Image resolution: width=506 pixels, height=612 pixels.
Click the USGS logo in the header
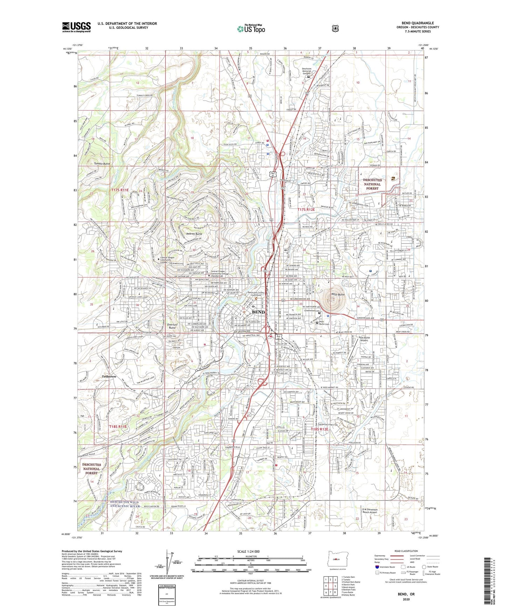76,27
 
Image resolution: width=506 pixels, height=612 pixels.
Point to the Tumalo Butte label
102,164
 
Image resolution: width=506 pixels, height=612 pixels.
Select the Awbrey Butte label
194,234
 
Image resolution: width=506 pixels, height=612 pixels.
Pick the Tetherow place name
109,376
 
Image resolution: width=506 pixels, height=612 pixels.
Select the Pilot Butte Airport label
366,339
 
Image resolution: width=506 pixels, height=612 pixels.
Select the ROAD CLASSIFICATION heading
406,551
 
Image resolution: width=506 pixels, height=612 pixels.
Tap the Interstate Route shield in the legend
377,566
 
